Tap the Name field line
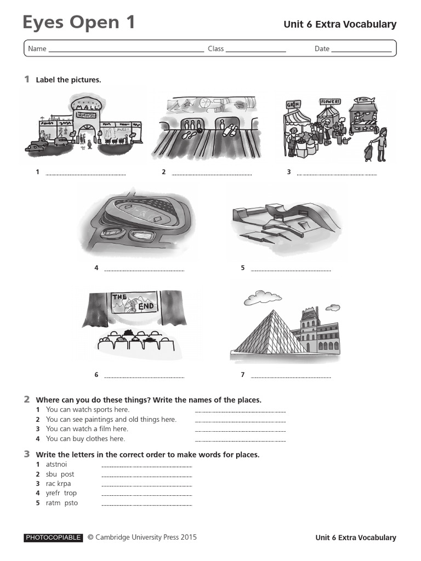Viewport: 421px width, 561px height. point(126,51)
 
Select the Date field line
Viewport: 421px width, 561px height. point(361,51)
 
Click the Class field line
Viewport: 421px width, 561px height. point(255,51)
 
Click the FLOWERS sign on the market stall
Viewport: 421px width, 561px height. point(330,102)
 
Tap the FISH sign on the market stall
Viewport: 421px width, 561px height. point(363,100)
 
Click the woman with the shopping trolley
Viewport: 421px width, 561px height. point(378,145)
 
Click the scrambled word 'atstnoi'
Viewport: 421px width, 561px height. point(56,465)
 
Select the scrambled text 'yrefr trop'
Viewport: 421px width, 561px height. point(61,493)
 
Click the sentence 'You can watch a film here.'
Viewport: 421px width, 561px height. point(87,429)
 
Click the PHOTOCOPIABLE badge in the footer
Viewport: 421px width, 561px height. point(53,538)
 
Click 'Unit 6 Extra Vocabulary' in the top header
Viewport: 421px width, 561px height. point(339,25)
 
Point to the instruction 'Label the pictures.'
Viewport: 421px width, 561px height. point(69,80)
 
